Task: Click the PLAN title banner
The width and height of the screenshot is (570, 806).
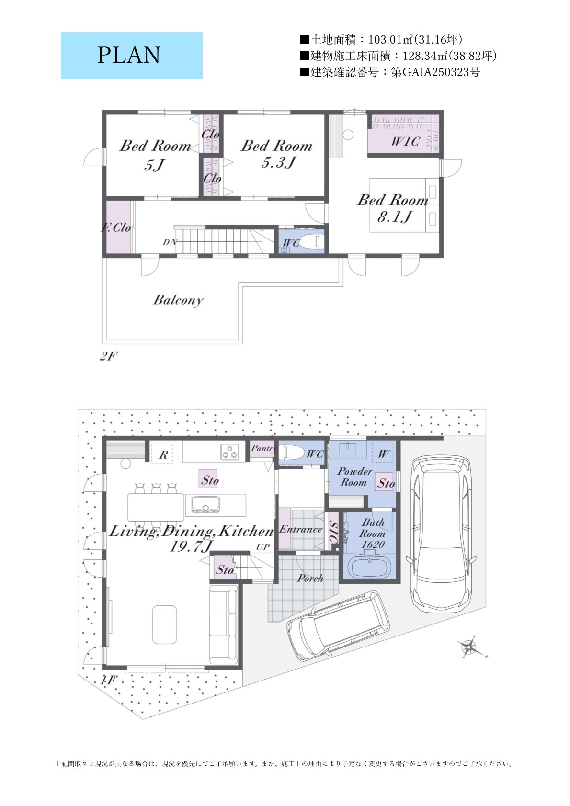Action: tap(131, 56)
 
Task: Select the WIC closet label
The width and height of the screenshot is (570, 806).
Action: tap(405, 141)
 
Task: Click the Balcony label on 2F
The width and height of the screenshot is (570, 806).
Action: tap(178, 300)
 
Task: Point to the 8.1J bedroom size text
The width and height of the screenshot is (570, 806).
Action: tap(394, 217)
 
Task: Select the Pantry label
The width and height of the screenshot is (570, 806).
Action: tap(263, 448)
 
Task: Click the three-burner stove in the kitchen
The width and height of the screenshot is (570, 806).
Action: tap(229, 452)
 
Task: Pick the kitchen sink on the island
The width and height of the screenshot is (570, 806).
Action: tap(205, 504)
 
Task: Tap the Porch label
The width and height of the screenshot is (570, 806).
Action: tap(310, 578)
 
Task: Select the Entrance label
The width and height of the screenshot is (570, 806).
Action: tap(300, 529)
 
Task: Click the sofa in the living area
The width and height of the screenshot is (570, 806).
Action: tap(224, 624)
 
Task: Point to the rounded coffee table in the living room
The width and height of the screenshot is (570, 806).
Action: tap(164, 624)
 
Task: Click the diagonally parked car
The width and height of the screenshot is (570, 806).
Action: tap(338, 626)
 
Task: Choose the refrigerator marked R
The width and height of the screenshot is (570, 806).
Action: tap(161, 453)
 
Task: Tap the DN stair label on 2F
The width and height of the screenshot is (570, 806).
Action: tap(170, 242)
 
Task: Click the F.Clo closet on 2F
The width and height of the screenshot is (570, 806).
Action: tap(118, 227)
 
